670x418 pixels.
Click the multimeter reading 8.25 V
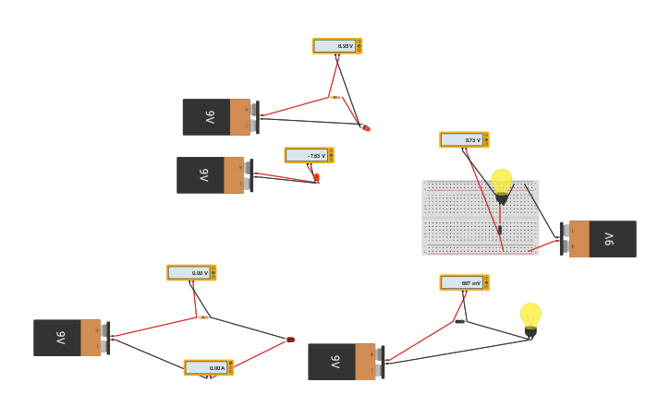pos(336,46)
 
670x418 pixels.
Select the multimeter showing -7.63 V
pos(309,155)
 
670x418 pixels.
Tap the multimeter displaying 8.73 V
pos(464,139)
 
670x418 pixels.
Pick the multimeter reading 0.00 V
pos(191,272)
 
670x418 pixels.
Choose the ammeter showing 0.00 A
pos(208,367)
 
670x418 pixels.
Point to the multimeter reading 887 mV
pos(464,282)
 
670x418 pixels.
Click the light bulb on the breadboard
pos(501,184)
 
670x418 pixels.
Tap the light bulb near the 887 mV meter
pos(530,317)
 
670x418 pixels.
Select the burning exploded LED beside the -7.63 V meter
pos(317,177)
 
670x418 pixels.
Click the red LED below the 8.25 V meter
pos(367,128)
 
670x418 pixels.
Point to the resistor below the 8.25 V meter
pos(335,97)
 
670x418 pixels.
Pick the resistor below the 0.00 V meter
pos(203,317)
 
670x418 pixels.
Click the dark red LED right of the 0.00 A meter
pos(290,340)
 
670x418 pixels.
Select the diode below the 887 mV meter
pos(459,321)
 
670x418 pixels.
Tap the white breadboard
pos(480,218)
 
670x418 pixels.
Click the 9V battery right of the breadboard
pos(599,238)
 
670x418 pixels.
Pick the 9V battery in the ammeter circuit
pos(70,338)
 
